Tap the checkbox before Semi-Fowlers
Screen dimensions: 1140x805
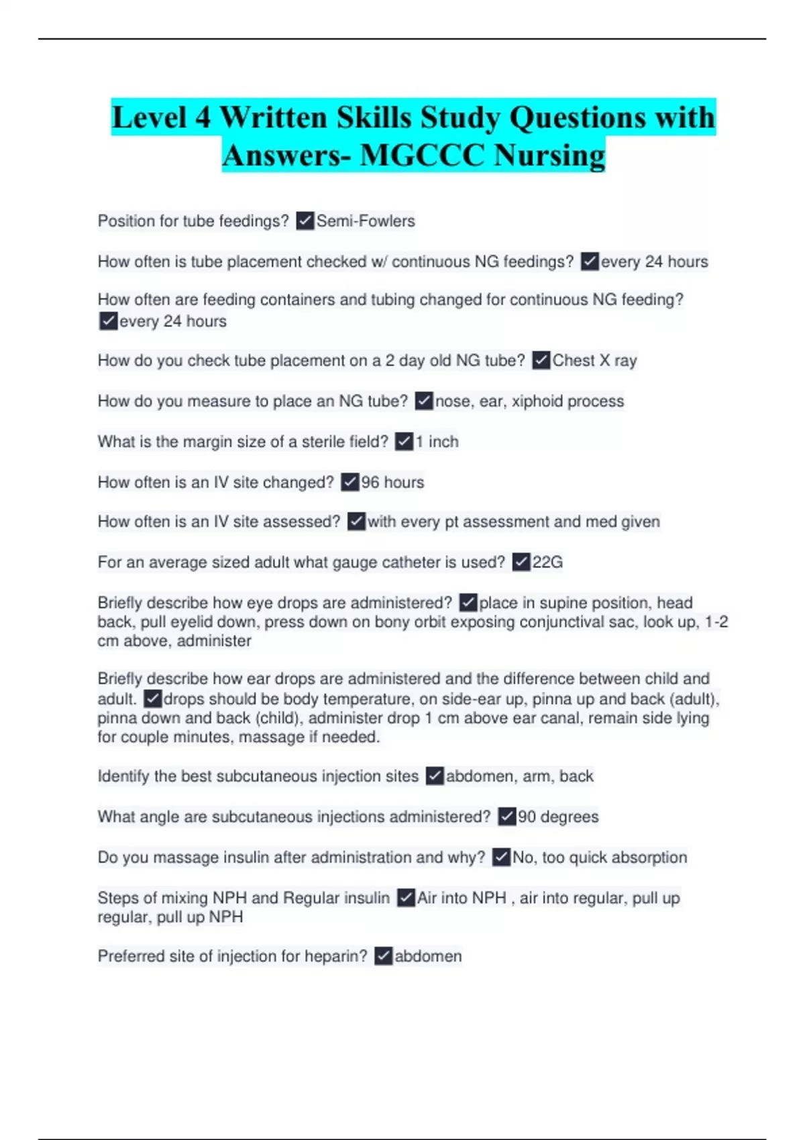pyautogui.click(x=305, y=221)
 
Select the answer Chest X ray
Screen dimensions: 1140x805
pyautogui.click(x=594, y=361)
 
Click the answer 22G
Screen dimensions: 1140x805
pyautogui.click(x=547, y=562)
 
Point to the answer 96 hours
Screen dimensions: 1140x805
pyautogui.click(x=392, y=482)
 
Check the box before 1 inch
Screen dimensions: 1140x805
pyautogui.click(x=404, y=441)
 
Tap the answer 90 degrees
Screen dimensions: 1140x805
pyautogui.click(x=558, y=817)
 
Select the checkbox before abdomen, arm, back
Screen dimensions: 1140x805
pyautogui.click(x=435, y=776)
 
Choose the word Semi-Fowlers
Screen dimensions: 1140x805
pyautogui.click(x=366, y=221)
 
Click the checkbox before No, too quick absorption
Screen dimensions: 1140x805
pyautogui.click(x=501, y=857)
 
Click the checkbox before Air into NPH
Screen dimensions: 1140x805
pyautogui.click(x=406, y=897)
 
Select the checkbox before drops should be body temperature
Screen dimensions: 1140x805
pyautogui.click(x=153, y=699)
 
